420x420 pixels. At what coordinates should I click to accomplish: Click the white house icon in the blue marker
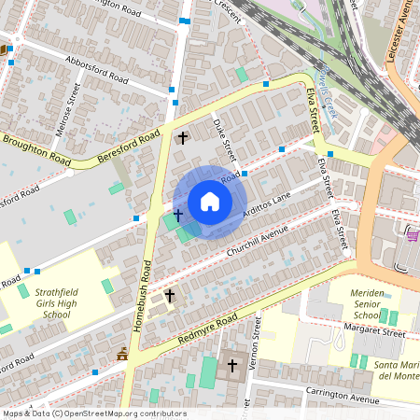[x=209, y=202]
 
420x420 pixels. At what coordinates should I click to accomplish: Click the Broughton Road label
[x=36, y=150]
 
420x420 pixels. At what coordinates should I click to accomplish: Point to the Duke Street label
[x=225, y=135]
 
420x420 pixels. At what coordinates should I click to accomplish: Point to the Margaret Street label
[x=374, y=331]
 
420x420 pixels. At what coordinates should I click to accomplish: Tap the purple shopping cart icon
[x=412, y=237]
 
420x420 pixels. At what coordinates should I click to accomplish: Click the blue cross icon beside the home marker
[x=177, y=215]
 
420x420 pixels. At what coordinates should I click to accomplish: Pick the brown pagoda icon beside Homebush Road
[x=122, y=353]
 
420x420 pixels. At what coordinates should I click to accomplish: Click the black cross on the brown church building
[x=232, y=366]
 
